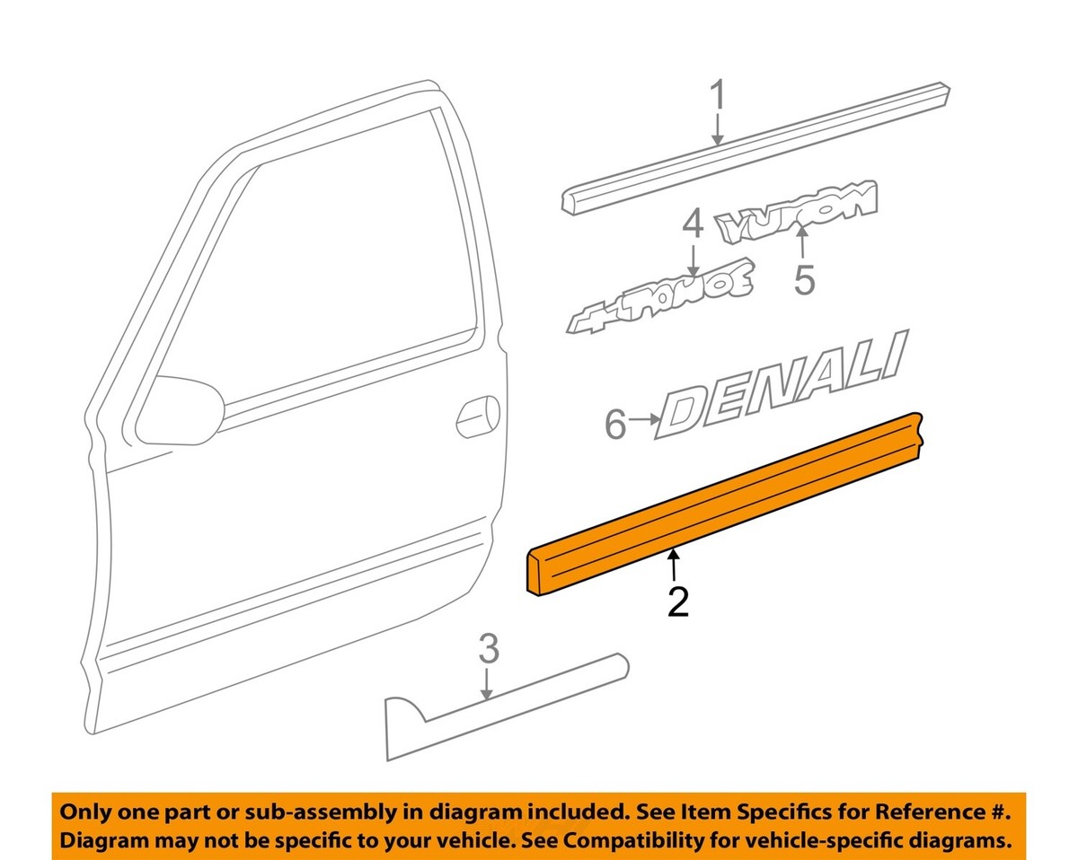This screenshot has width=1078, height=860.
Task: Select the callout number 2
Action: click(677, 601)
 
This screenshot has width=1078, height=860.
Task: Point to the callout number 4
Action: click(692, 224)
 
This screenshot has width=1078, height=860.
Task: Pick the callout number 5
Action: click(804, 279)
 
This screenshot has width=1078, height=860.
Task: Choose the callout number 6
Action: click(614, 424)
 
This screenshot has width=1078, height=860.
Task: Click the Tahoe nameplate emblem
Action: click(660, 295)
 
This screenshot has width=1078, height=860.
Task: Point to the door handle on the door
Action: click(478, 416)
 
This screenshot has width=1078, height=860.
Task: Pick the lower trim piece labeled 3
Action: click(503, 705)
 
